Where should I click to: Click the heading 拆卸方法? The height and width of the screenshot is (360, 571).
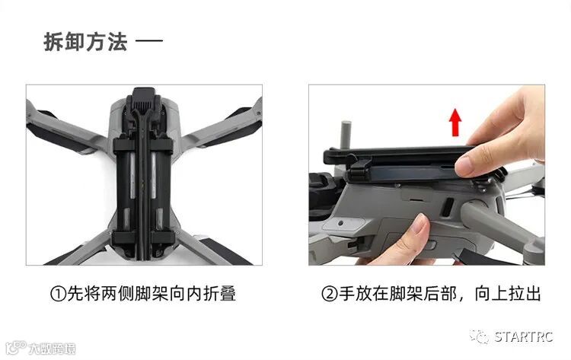[85, 42]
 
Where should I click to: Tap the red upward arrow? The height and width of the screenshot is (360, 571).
[455, 123]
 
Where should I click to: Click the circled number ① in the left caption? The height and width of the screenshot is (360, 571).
[58, 294]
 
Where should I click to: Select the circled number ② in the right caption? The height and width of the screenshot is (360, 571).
[330, 294]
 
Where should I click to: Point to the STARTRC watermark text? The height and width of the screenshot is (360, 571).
[523, 337]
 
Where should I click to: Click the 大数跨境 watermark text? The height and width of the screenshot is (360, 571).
[52, 349]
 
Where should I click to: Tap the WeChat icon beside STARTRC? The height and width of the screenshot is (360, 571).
[479, 336]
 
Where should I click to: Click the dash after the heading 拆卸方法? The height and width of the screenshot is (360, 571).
[149, 40]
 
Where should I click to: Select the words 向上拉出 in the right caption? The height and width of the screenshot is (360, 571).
[507, 294]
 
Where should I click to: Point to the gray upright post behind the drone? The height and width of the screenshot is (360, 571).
[345, 134]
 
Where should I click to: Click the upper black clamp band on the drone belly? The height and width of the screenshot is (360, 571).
[143, 145]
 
